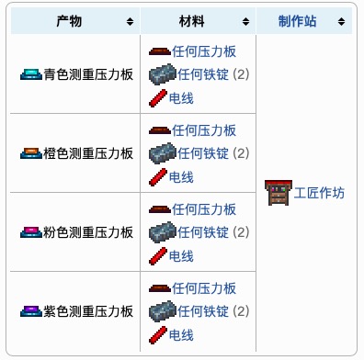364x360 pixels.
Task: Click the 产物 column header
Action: point(69,19)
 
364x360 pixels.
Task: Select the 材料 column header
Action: point(193,19)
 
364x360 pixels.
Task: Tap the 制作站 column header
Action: point(303,19)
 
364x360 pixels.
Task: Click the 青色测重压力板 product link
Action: point(88,74)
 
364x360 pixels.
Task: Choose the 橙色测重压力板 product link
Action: point(88,153)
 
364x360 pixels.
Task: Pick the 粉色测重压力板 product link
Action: point(88,232)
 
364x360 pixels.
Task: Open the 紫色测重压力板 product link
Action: point(88,311)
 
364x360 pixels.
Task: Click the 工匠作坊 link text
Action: point(319,193)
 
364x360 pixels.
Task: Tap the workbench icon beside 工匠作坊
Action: point(278,193)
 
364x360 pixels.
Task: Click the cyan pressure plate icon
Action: point(30,74)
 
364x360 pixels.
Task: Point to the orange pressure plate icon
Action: point(30,153)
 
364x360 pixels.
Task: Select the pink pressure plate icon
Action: point(30,232)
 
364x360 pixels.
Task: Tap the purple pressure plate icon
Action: point(30,311)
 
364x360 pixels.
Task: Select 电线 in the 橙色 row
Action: point(181,175)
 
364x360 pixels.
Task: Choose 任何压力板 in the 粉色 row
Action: point(204,209)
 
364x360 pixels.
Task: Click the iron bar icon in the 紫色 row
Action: point(160,311)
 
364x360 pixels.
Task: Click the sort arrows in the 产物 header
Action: point(129,20)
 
